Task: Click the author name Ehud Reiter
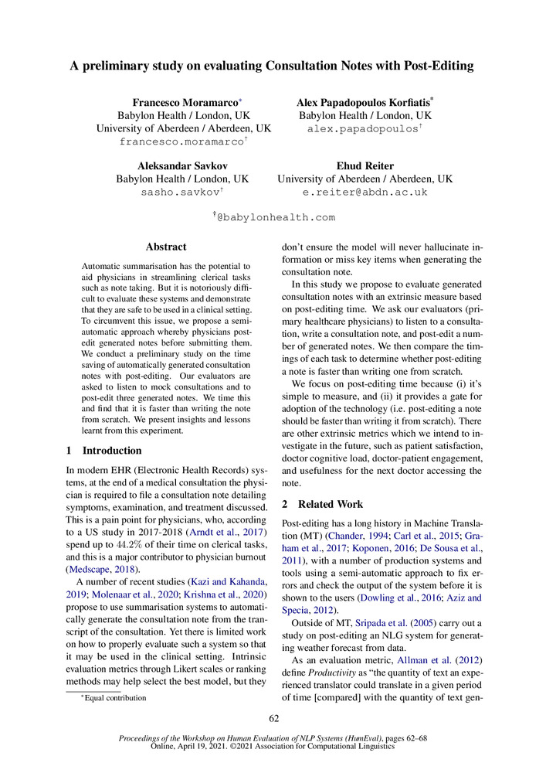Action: [365, 165]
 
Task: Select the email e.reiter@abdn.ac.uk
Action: [365, 192]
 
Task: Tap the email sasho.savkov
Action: [180, 192]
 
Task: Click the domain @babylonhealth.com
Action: [276, 218]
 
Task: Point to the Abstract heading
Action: [166, 247]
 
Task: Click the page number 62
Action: [273, 720]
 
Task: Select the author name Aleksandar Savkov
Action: [182, 165]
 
